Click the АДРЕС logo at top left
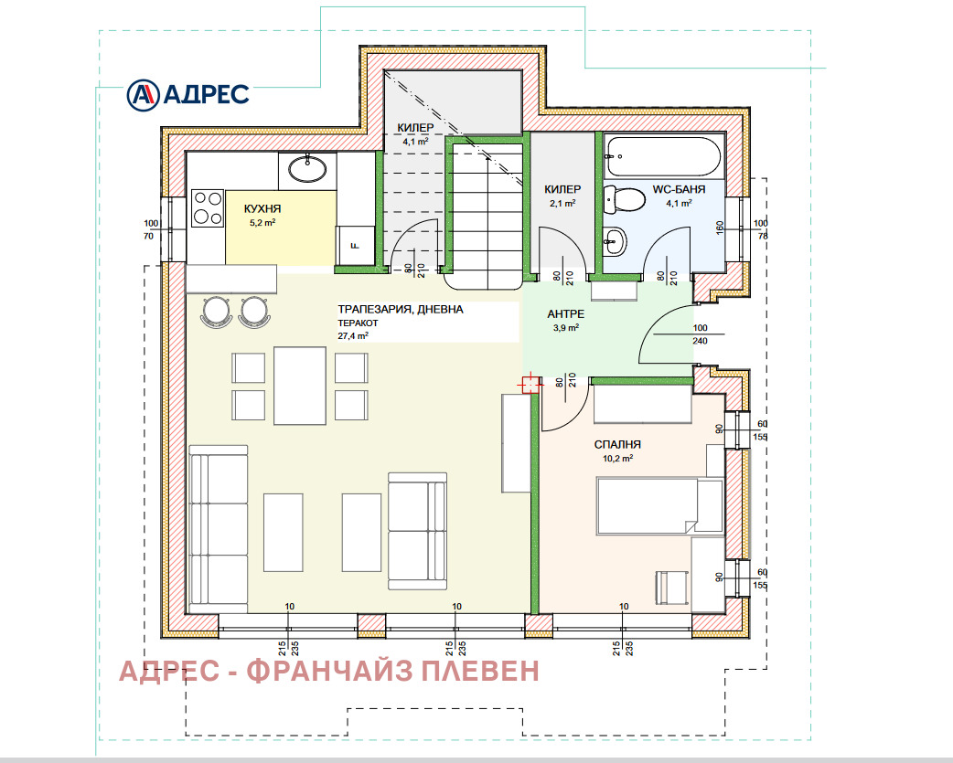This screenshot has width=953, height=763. (187, 93)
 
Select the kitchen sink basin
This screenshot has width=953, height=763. (307, 169)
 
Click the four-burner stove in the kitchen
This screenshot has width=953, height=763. (208, 207)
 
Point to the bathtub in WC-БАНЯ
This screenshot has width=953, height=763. (664, 156)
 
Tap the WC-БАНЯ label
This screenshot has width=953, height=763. (679, 190)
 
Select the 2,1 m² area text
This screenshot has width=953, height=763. (562, 203)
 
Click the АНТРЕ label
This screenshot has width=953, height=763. (566, 313)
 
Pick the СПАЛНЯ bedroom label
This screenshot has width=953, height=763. (613, 444)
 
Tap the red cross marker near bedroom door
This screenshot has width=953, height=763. (529, 385)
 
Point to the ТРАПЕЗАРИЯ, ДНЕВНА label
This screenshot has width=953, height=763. (401, 310)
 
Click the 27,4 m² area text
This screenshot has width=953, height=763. (353, 335)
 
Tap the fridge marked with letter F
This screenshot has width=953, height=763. (357, 243)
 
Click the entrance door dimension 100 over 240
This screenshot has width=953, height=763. (700, 334)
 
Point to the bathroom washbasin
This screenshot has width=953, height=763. (614, 241)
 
